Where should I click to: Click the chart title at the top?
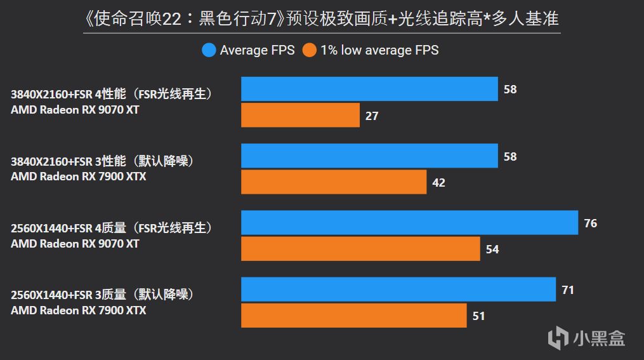tap(322, 20)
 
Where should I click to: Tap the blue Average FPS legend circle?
tap(209, 50)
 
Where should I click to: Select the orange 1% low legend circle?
tap(309, 50)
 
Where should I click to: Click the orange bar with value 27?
tap(300, 116)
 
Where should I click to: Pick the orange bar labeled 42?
tap(334, 182)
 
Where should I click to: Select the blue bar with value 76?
tap(409, 223)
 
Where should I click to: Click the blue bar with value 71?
tap(398, 290)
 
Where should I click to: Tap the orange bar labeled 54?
tap(360, 249)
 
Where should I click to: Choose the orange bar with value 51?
tap(354, 316)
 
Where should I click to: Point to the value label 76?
tap(590, 223)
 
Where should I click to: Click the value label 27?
tap(371, 116)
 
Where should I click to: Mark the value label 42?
tap(438, 183)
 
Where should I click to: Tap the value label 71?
tap(568, 290)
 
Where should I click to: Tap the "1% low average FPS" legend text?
tap(379, 50)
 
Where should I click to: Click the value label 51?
tap(479, 316)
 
